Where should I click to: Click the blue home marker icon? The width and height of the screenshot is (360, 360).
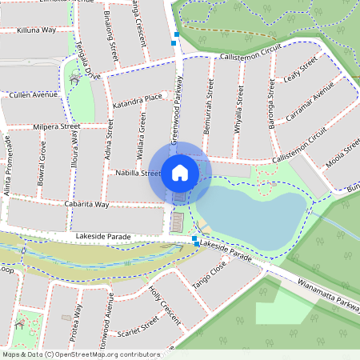180,172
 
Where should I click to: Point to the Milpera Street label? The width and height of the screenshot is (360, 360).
57,126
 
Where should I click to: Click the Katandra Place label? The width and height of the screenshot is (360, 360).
137,100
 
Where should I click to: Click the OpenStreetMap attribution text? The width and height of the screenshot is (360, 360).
82,354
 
